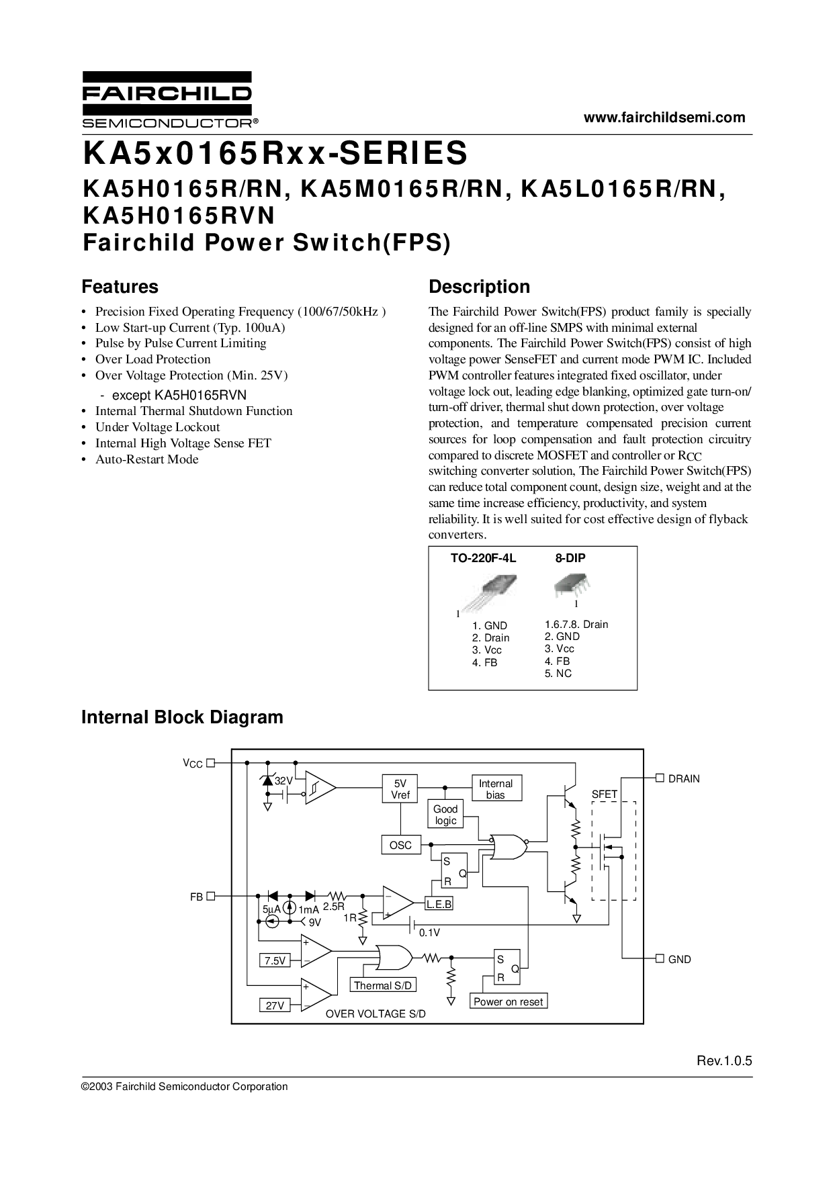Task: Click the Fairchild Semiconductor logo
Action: click(167, 99)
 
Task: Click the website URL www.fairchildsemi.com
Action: click(664, 118)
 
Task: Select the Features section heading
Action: click(120, 287)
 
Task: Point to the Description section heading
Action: click(479, 287)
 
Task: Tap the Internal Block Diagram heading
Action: click(182, 717)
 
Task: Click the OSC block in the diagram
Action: click(400, 845)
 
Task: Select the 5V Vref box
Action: click(400, 789)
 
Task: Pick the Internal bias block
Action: click(496, 789)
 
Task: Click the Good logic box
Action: click(445, 815)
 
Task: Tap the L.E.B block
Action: click(439, 905)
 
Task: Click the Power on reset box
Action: click(508, 1001)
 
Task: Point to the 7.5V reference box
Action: click(275, 961)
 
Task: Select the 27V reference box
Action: click(275, 1005)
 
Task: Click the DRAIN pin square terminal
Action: click(660, 778)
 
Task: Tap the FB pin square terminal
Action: click(210, 895)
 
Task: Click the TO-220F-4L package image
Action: click(490, 591)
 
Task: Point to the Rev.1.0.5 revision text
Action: click(724, 1061)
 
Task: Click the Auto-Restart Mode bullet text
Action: click(147, 459)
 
